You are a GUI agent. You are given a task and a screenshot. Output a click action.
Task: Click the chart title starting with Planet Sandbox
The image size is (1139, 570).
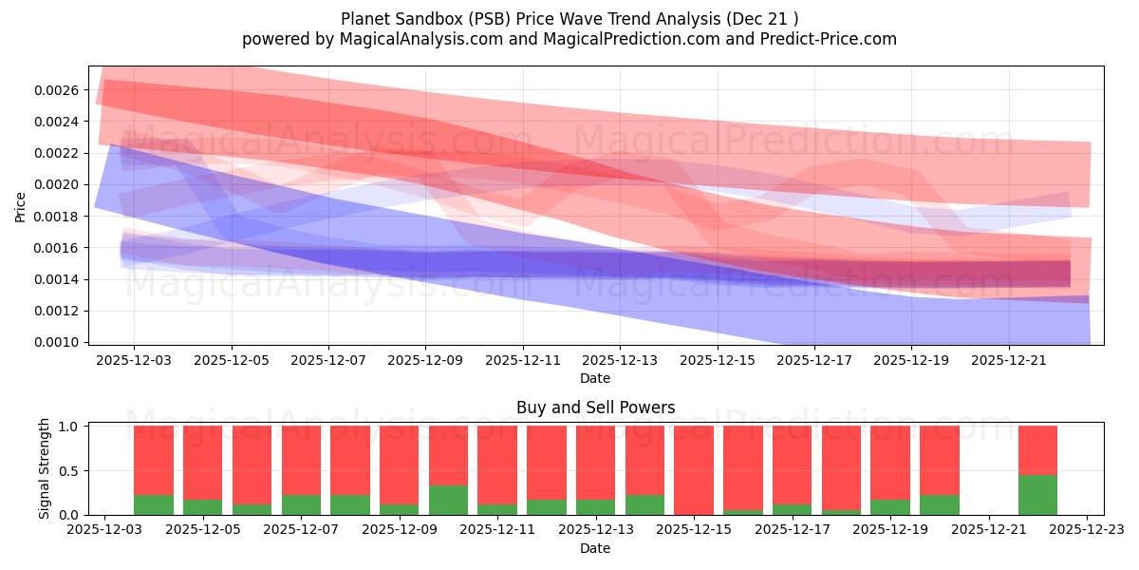(569, 18)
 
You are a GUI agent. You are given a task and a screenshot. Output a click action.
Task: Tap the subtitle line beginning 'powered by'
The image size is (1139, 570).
(569, 39)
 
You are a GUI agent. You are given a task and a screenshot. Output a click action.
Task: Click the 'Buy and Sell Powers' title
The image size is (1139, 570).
(595, 408)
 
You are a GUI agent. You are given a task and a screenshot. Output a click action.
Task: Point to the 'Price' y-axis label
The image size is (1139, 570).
(21, 205)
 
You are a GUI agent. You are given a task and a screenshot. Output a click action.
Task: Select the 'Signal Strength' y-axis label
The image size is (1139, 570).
(45, 468)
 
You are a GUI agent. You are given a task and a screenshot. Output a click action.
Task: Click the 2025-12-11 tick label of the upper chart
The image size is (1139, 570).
(522, 361)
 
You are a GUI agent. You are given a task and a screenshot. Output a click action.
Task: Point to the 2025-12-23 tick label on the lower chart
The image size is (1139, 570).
(1087, 530)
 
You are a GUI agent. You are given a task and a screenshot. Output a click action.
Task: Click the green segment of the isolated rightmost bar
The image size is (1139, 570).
(1037, 495)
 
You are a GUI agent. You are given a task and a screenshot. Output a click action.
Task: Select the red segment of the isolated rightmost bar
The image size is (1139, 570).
(1037, 449)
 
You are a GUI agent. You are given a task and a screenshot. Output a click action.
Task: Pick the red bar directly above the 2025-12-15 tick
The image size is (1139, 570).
(694, 469)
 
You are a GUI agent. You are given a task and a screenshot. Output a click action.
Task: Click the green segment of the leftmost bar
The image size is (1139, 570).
(154, 504)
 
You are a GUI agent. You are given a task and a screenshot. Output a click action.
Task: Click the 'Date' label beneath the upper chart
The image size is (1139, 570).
(595, 378)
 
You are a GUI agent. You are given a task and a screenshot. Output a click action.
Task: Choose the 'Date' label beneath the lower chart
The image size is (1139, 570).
(595, 548)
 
